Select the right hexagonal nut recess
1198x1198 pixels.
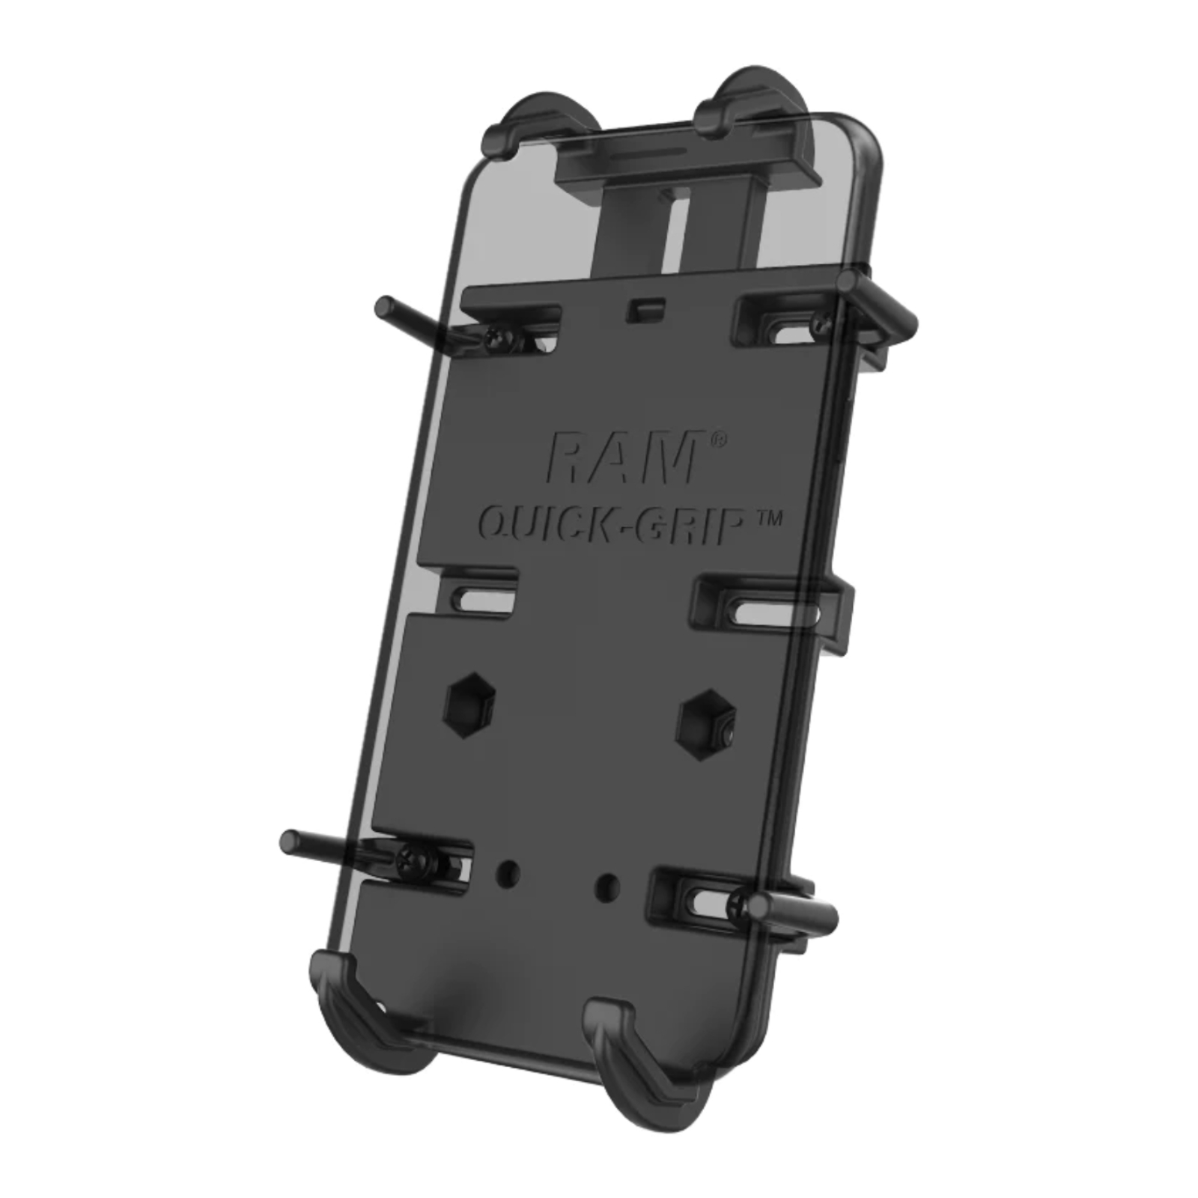tap(705, 720)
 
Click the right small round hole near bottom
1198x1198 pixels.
tap(605, 886)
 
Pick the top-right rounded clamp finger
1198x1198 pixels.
tap(745, 105)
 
